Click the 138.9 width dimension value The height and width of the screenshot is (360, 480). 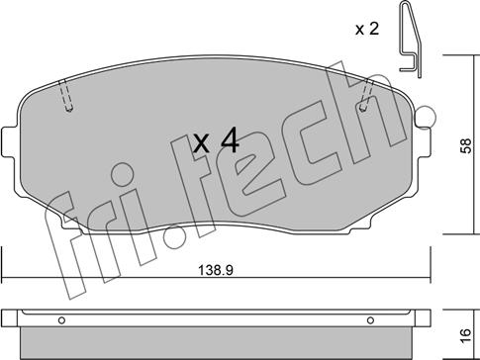216,271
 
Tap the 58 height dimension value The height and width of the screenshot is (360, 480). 466,145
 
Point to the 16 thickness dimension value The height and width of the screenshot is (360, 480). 466,336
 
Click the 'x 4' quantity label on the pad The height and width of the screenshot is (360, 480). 216,140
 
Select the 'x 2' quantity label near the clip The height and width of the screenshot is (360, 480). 367,30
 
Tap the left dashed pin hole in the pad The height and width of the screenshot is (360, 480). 66,95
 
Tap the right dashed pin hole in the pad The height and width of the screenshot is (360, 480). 365,95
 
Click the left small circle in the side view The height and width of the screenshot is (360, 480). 61,320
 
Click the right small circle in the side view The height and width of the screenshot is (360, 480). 370,320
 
